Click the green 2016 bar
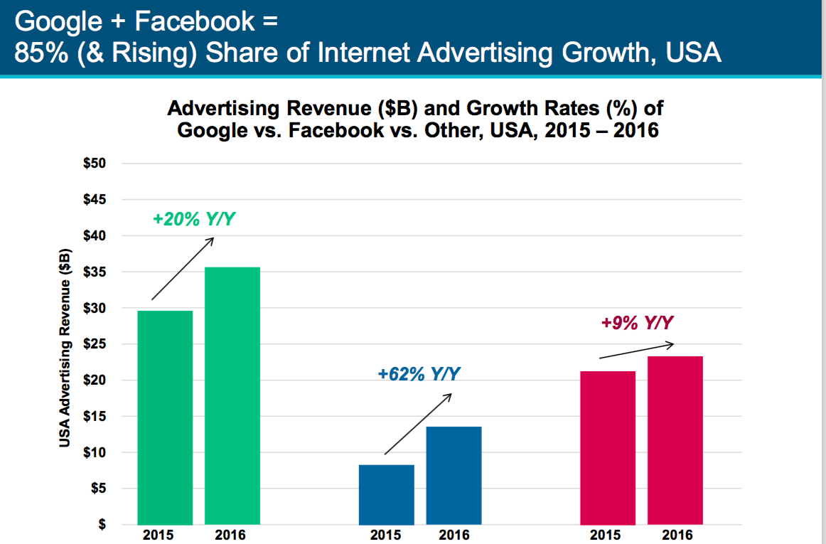coord(232,396)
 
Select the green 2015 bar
coord(165,417)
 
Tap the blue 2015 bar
coord(387,494)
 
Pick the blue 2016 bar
coord(454,476)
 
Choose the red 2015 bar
coord(608,448)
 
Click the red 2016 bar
coord(675,441)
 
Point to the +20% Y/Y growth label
coord(194,219)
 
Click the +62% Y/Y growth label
coord(419,374)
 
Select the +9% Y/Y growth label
coord(638,323)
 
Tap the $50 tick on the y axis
coord(95,164)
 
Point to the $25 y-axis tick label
coord(95,344)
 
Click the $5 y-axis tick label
coord(97,489)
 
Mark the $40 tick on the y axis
coord(95,235)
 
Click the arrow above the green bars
coord(183,269)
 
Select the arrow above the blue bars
coord(418,424)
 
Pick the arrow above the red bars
coord(637,351)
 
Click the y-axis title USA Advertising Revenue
coord(65,348)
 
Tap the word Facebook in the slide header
coord(195,21)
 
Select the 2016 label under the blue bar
coord(454,535)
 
